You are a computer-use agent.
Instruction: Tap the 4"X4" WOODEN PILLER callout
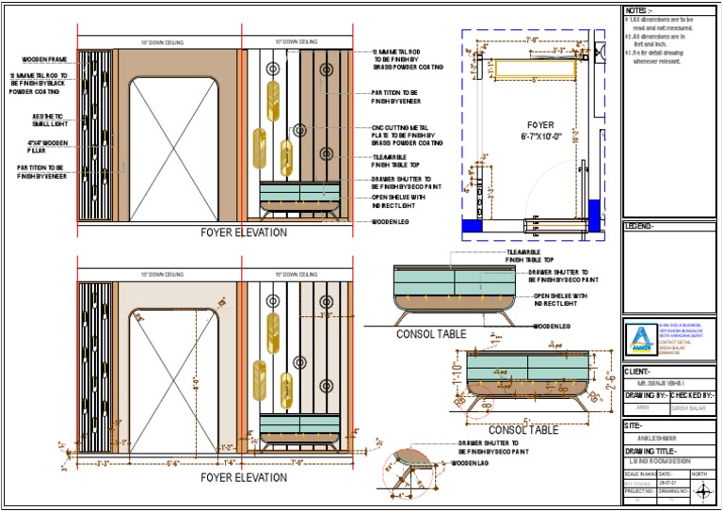click(43, 145)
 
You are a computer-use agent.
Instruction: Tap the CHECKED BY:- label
click(692, 395)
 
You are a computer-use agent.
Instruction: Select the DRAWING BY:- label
click(648, 395)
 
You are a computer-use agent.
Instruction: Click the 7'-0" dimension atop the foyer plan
click(532, 40)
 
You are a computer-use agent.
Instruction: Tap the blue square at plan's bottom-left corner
click(472, 226)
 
